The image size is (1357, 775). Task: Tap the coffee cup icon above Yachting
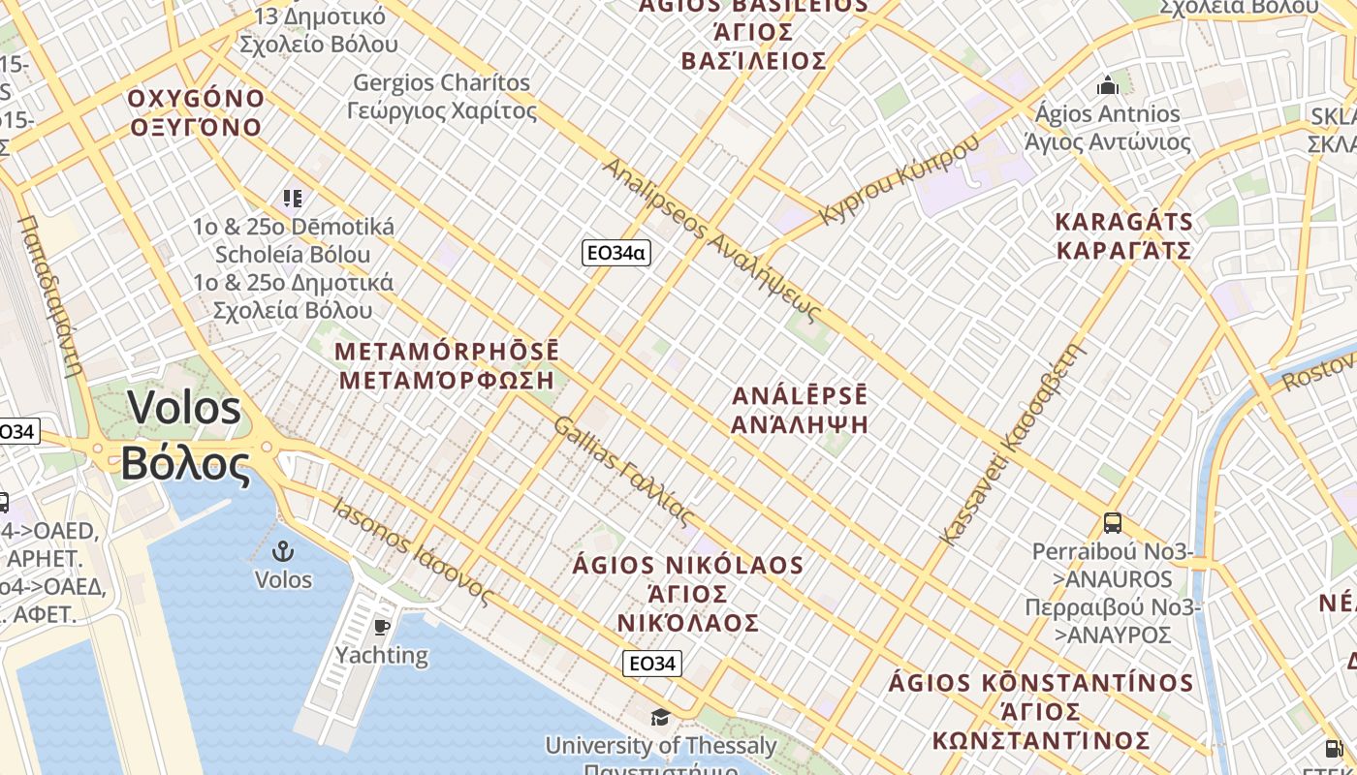pyautogui.click(x=382, y=627)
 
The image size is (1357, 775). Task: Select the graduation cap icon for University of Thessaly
pyautogui.click(x=660, y=717)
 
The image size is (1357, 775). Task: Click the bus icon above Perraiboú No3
pyautogui.click(x=1113, y=523)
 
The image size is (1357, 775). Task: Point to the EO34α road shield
pyautogui.click(x=615, y=253)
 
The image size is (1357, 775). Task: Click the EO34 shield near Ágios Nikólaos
pyautogui.click(x=651, y=664)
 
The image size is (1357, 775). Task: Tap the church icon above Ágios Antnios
pyautogui.click(x=1108, y=85)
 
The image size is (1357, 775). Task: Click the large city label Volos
pyautogui.click(x=183, y=408)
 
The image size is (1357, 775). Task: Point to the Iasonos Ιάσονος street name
pyautogui.click(x=412, y=549)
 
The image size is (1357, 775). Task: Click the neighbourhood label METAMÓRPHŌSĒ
pyautogui.click(x=447, y=351)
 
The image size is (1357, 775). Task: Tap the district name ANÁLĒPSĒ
pyautogui.click(x=800, y=396)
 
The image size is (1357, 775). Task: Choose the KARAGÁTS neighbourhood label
pyautogui.click(x=1123, y=221)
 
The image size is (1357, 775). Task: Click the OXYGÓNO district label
pyautogui.click(x=196, y=99)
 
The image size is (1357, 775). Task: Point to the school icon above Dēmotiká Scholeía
pyautogui.click(x=293, y=199)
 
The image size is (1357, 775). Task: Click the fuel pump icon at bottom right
pyautogui.click(x=1335, y=748)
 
